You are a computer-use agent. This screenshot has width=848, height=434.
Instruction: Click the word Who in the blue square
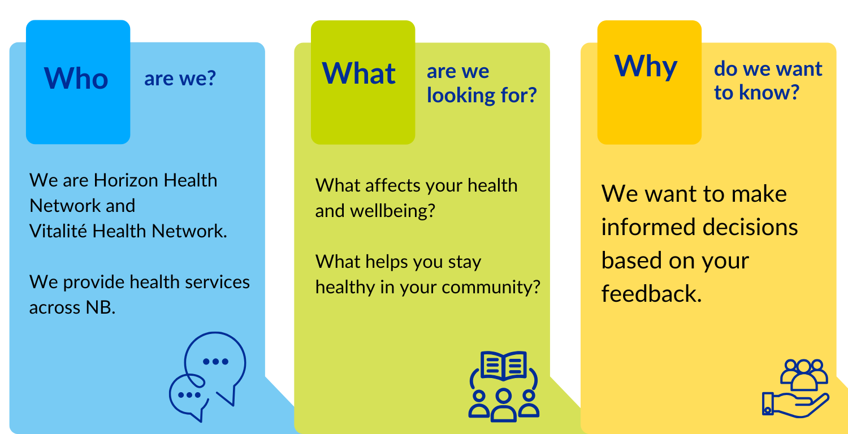tap(76, 78)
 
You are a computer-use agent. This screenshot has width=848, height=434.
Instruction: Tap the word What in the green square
tap(359, 73)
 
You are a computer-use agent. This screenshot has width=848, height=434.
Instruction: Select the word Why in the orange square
tap(646, 67)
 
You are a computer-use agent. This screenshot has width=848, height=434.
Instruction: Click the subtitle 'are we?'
tap(180, 79)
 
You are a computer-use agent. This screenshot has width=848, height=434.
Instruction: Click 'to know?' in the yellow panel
tap(756, 92)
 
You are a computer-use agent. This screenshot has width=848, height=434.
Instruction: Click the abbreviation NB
tap(100, 307)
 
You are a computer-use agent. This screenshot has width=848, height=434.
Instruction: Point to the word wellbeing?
tap(392, 211)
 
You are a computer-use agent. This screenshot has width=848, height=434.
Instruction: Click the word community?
tap(491, 288)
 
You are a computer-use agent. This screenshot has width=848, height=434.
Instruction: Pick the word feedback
tap(651, 294)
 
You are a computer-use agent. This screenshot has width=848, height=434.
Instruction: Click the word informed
tap(649, 227)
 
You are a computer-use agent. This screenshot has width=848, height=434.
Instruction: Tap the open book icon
tap(504, 365)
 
